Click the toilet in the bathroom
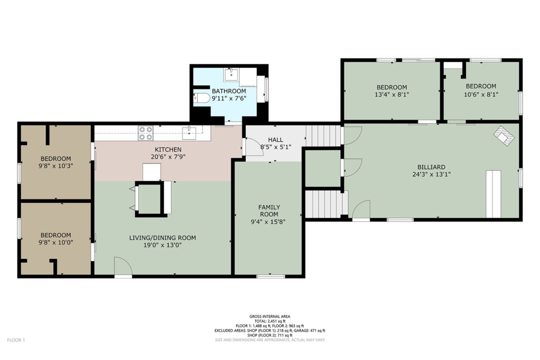[x=201, y=98]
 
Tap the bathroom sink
[x=230, y=74]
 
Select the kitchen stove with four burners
[x=146, y=133]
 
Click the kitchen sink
[x=189, y=133]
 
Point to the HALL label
[x=275, y=140]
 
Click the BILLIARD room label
[x=431, y=167]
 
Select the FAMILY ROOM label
[x=269, y=211]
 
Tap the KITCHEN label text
[x=168, y=150]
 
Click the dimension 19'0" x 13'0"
[x=162, y=245]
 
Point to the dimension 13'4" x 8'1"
[x=392, y=94]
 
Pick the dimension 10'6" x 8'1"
[x=481, y=94]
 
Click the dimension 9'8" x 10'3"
[x=56, y=166]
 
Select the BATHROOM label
[x=229, y=91]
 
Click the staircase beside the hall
[x=323, y=135]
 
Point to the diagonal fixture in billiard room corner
[x=504, y=135]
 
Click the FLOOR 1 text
[x=16, y=340]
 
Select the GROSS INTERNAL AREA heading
[x=269, y=316]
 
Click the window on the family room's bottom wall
[x=271, y=276]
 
